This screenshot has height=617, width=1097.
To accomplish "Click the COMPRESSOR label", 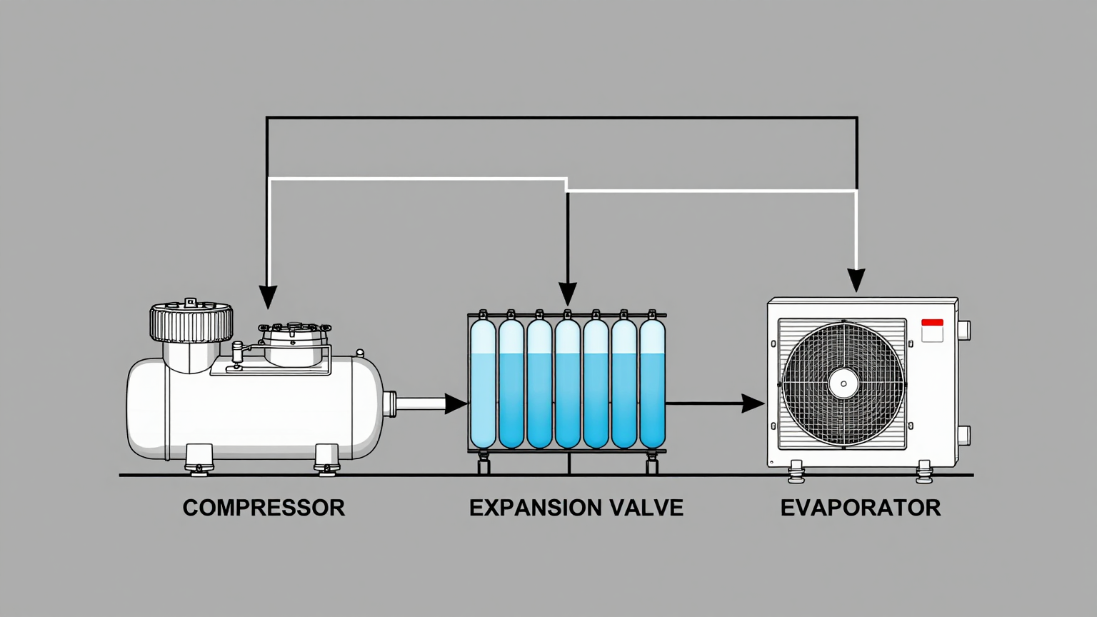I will pyautogui.click(x=264, y=508).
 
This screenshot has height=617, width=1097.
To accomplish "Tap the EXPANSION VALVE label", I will pyautogui.click(x=576, y=508).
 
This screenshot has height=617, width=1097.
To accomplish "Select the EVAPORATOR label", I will pyautogui.click(x=860, y=508).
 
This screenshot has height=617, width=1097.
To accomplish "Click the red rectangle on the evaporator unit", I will pyautogui.click(x=932, y=323).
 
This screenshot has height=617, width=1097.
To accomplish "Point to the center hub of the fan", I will pyautogui.click(x=843, y=384).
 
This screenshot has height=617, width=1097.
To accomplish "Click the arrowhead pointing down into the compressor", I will pyautogui.click(x=268, y=296).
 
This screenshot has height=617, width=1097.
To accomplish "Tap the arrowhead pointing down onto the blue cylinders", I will pyautogui.click(x=568, y=294).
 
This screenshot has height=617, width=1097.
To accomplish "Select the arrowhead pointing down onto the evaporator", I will pyautogui.click(x=856, y=280).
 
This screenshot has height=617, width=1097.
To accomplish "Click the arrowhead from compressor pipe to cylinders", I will pyautogui.click(x=456, y=403).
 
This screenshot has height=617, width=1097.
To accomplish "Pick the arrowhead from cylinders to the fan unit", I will pyautogui.click(x=753, y=403).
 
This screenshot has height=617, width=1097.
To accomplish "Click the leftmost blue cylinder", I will pyautogui.click(x=484, y=383).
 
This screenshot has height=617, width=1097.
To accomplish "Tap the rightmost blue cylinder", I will pyautogui.click(x=652, y=383).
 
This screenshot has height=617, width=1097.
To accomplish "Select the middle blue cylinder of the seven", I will pyautogui.click(x=568, y=383).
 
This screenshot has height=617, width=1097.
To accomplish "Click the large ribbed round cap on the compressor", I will pyautogui.click(x=191, y=322).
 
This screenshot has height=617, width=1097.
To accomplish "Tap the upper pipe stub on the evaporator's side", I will pyautogui.click(x=963, y=330).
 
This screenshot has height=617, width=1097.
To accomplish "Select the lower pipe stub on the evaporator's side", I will pyautogui.click(x=963, y=435).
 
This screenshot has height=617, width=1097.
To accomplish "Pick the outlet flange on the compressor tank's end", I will pyautogui.click(x=390, y=403).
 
